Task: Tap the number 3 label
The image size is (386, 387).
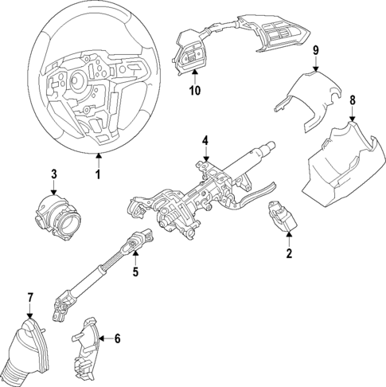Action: tap(53, 174)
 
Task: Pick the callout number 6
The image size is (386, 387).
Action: tap(117, 338)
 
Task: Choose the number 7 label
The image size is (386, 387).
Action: tap(30, 298)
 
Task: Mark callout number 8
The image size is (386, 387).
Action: tap(353, 101)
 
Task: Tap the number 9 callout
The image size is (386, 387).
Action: tap(316, 51)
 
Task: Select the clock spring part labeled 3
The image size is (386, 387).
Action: tap(57, 216)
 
